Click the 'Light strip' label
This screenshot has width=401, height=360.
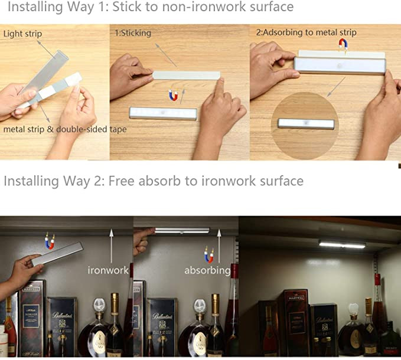click(x=22, y=34)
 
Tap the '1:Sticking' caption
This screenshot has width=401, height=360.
click(x=133, y=32)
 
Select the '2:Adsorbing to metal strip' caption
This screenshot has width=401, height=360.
click(x=306, y=32)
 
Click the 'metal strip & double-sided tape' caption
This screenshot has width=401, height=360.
click(x=65, y=129)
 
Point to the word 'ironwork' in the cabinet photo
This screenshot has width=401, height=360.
click(x=108, y=270)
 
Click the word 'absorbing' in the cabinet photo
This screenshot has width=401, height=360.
click(x=207, y=270)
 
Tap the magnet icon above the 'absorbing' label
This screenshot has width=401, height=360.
click(x=208, y=254)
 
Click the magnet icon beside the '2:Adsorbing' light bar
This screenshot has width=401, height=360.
click(x=343, y=44)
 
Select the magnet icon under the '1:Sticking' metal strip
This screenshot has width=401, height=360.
click(x=173, y=95)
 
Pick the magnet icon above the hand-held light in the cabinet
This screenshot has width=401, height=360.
click(x=50, y=241)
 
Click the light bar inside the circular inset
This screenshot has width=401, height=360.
click(x=306, y=124)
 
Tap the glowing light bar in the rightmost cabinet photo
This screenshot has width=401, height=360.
click(x=342, y=244)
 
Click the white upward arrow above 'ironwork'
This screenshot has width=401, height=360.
click(x=111, y=246)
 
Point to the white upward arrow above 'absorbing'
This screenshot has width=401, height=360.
click(x=219, y=246)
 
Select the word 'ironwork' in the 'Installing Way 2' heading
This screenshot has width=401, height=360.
click(x=229, y=181)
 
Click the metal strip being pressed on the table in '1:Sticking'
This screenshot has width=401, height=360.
click(x=187, y=76)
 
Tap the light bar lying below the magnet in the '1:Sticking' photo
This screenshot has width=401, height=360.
click(x=163, y=113)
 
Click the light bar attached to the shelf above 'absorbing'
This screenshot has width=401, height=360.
click(x=182, y=231)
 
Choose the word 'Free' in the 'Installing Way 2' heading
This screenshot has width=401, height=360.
click(x=121, y=181)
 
